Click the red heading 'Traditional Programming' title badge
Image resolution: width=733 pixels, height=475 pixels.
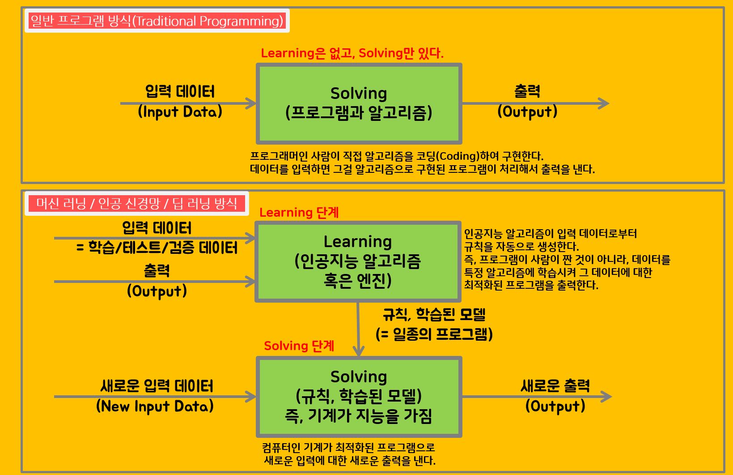157,21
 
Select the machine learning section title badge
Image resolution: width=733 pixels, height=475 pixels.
136,204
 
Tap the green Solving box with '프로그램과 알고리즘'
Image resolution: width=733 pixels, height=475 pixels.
359,103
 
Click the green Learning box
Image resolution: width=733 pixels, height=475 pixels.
358,261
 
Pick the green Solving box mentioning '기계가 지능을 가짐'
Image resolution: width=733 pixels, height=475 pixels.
359,397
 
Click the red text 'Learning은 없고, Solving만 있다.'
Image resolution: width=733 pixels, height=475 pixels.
352,53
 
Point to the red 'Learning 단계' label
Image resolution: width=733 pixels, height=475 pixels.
299,212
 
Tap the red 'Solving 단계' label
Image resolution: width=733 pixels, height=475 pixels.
299,346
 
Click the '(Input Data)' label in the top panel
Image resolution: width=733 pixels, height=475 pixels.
180,111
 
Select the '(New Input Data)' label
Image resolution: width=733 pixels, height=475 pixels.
155,406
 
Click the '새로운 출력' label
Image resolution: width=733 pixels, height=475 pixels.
555,385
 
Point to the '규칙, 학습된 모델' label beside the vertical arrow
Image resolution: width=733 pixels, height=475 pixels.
434,315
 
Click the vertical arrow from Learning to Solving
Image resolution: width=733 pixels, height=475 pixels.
358,329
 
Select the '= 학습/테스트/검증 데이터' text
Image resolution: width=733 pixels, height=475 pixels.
157,248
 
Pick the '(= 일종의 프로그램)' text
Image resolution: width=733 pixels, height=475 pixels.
434,334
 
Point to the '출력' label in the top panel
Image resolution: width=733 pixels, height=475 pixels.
527,91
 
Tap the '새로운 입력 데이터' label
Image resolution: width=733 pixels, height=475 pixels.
157,385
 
